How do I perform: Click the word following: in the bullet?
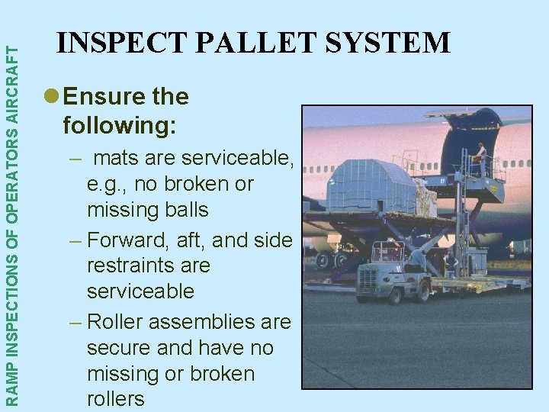tap(119, 124)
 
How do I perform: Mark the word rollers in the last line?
tap(115, 398)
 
